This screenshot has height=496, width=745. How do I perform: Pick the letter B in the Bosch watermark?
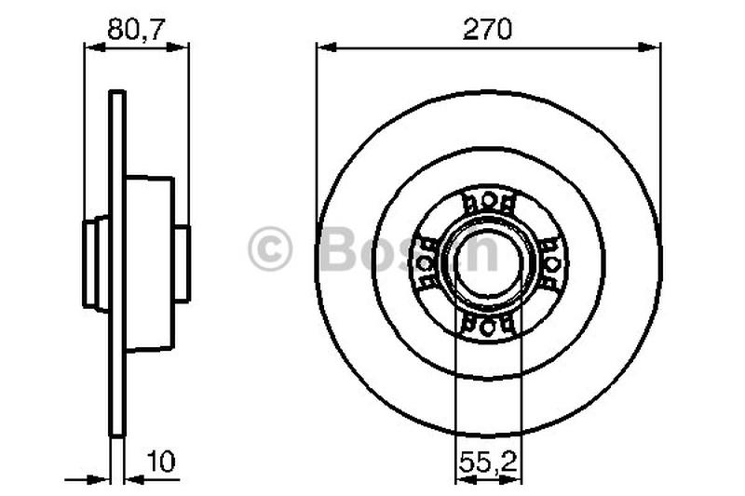click(x=336, y=250)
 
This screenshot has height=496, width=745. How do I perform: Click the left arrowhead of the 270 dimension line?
click(x=322, y=47)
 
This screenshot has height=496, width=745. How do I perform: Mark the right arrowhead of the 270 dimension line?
click(x=654, y=47)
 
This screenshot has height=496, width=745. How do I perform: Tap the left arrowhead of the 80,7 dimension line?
click(x=90, y=47)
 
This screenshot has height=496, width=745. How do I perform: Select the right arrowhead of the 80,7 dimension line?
click(x=183, y=47)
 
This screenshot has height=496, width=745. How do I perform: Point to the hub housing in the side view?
click(x=149, y=262)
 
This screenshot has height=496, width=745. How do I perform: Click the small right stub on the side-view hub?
click(x=182, y=262)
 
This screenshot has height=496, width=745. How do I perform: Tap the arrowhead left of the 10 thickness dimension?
click(x=104, y=479)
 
